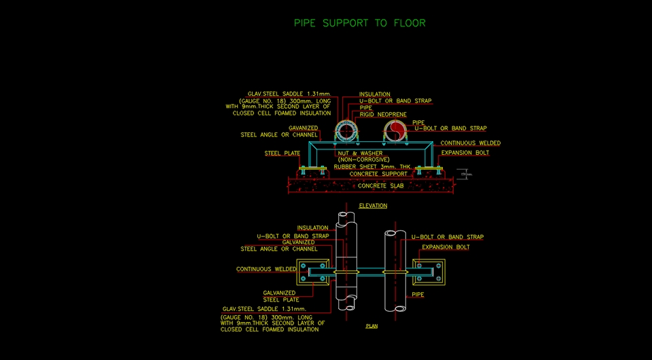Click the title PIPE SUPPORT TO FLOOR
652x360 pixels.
359,23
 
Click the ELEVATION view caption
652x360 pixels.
373,206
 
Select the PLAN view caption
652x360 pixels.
372,326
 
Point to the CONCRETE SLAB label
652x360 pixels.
380,185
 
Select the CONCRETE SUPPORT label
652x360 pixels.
378,175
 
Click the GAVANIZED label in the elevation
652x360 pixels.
303,128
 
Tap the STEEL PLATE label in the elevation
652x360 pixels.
282,154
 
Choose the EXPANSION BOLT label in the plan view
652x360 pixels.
446,247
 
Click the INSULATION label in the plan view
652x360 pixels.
312,228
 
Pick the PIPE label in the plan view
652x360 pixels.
418,295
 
